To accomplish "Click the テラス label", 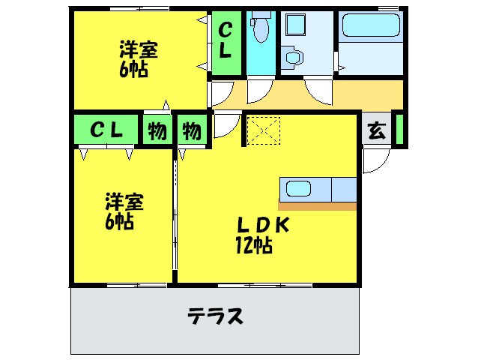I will click(x=215, y=316).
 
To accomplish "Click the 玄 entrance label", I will click(x=377, y=130).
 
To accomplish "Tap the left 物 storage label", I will click(x=157, y=131).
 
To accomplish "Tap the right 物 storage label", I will click(x=192, y=131).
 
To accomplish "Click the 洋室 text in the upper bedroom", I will click(x=138, y=51).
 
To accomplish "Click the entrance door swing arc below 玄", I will click(x=375, y=160).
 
